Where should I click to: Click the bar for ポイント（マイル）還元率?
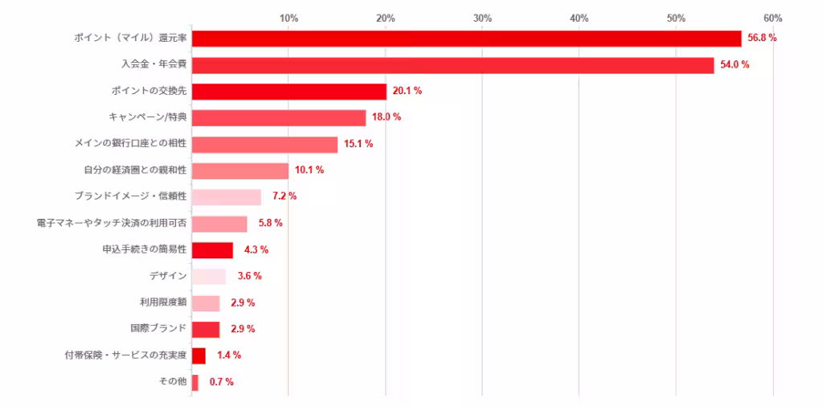click(466, 39)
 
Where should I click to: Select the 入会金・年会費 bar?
click(452, 65)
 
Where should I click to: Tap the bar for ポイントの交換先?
click(289, 92)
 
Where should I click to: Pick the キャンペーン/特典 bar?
click(278, 118)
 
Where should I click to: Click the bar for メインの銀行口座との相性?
click(264, 145)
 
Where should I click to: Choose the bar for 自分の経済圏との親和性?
click(240, 171)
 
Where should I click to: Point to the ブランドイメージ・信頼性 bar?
click(226, 197)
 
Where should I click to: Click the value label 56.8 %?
click(762, 39)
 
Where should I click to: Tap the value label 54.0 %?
click(735, 65)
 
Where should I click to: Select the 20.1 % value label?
click(407, 92)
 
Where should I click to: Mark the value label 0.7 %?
click(221, 382)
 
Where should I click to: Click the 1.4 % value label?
click(229, 356)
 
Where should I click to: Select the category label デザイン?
click(168, 276)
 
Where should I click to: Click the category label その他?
click(174, 382)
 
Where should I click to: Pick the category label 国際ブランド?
click(158, 329)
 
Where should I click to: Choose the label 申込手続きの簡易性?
click(145, 250)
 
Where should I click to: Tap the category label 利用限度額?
click(163, 302)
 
